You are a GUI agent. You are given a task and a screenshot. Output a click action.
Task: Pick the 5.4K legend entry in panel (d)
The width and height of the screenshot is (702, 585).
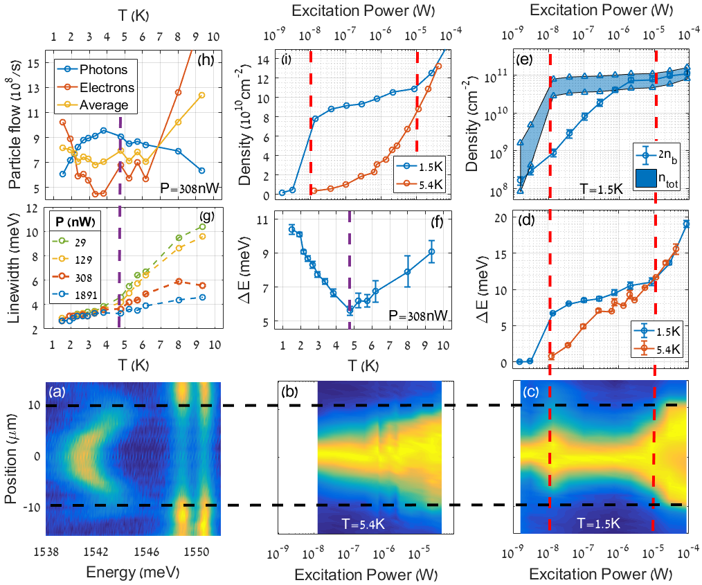pos(663,350)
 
